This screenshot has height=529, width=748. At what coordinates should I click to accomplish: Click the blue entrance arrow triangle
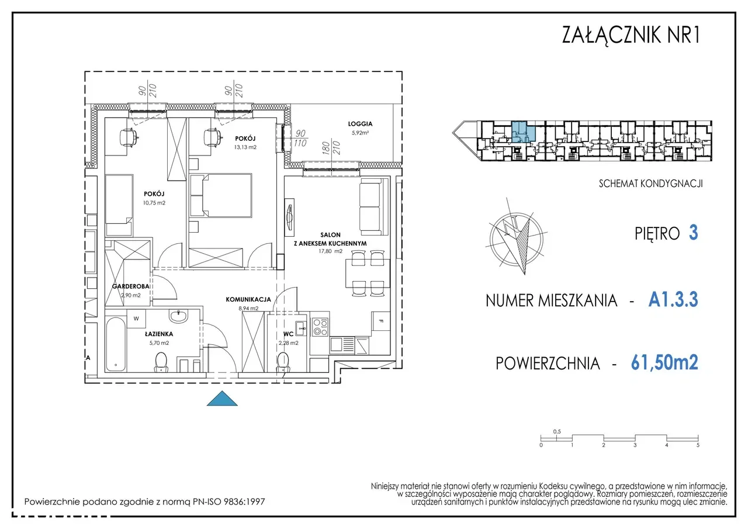(x=222, y=399)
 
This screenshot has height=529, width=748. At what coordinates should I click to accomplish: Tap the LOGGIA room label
(x=360, y=124)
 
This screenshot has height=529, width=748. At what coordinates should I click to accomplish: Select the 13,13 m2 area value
(x=245, y=147)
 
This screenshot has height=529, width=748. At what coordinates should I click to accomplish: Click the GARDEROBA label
(x=130, y=286)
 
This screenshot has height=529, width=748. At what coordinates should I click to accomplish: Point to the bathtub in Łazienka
(x=116, y=344)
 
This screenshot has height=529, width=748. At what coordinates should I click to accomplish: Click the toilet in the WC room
(x=283, y=362)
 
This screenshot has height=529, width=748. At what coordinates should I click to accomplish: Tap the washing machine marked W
(x=136, y=318)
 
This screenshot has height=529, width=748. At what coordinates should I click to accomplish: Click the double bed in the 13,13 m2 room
(x=221, y=196)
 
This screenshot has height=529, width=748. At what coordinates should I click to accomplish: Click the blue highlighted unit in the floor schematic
(x=523, y=132)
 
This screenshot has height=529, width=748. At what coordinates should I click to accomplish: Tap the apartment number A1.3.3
(x=673, y=299)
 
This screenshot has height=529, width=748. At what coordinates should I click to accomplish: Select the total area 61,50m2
(x=664, y=362)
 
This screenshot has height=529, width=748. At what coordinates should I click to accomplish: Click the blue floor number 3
(x=694, y=233)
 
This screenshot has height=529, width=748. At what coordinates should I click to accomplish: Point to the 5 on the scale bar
(x=698, y=445)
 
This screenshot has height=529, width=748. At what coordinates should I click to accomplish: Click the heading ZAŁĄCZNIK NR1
(x=631, y=34)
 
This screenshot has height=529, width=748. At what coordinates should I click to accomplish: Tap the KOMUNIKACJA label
(x=248, y=299)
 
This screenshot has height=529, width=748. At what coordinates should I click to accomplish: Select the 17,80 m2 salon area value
(x=330, y=251)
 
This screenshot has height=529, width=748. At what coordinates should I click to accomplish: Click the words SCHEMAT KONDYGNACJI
(x=651, y=184)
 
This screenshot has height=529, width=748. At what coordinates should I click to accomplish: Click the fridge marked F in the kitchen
(x=381, y=321)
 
